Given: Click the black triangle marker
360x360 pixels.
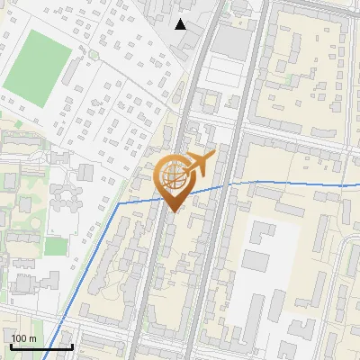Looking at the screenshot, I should click(181, 24).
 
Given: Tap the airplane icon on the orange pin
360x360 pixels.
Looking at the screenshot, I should click(200, 165).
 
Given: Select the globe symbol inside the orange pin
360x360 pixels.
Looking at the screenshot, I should click(175, 175).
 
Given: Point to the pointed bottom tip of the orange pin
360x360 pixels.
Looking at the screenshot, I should click(174, 211).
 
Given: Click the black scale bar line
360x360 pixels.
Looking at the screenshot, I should click(41, 346).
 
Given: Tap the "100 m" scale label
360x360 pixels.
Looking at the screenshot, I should click(24, 338).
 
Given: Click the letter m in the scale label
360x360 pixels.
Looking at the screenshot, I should click(33, 338).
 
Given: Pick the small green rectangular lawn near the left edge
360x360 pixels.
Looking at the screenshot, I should click(56, 246).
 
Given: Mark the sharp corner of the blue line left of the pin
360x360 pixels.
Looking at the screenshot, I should click(119, 203).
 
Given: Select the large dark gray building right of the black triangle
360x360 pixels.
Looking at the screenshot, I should click(231, 42).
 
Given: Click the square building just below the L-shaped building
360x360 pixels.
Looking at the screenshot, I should click(257, 261).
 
